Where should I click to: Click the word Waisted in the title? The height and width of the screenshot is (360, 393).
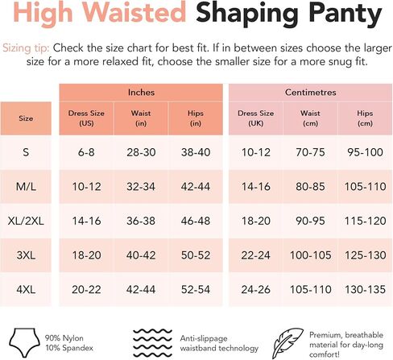[x=134, y=12]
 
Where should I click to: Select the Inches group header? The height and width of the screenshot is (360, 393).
[x=141, y=93]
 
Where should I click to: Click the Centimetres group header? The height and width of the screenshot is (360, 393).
[x=310, y=93]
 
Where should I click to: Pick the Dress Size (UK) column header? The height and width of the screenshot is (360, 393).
[x=255, y=118]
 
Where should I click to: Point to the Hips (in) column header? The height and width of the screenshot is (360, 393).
[x=196, y=118]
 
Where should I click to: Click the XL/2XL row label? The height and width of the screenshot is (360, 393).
[x=26, y=221]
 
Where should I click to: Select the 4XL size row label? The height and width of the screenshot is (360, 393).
[x=26, y=289]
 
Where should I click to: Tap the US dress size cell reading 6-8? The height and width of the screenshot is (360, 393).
[x=86, y=152]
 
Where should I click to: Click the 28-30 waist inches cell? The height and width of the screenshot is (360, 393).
[x=141, y=152]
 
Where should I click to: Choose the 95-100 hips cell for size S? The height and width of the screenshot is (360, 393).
[x=365, y=152]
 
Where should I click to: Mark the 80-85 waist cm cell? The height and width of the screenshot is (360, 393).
[x=310, y=187]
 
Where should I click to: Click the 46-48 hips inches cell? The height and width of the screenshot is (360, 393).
[x=196, y=221]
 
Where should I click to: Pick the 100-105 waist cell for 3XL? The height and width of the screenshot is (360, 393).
[x=310, y=255]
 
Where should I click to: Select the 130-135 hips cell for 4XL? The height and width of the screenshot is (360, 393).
[x=365, y=289]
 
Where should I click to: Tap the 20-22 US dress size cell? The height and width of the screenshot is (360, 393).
[x=86, y=289]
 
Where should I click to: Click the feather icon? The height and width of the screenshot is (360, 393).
[x=288, y=343]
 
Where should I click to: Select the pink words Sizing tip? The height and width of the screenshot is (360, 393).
[x=26, y=48]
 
